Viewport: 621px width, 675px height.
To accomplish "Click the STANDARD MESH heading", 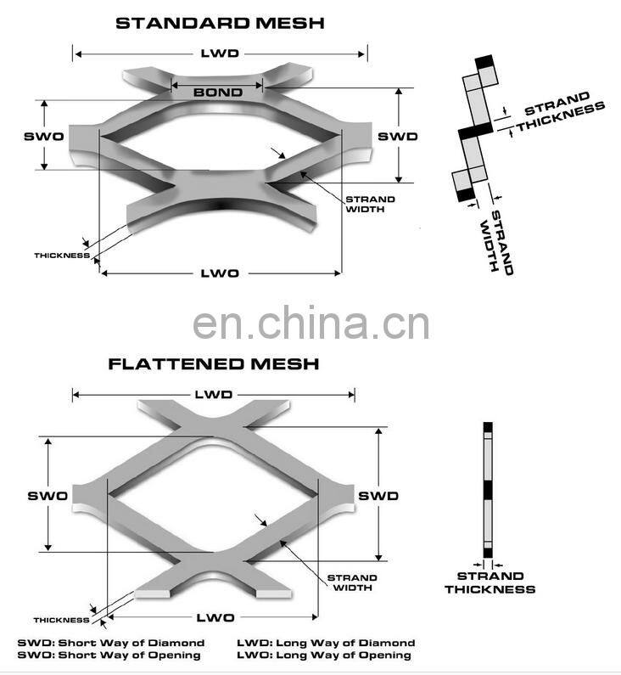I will pos(220,23).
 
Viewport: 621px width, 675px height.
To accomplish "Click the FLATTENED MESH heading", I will pos(214,364).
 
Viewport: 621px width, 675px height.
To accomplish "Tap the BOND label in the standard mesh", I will pos(218,92).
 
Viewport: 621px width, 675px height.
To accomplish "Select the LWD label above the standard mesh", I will pos(219,53).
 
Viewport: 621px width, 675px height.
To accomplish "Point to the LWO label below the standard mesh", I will pos(219,273).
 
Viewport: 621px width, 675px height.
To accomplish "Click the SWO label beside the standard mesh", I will pos(43,136).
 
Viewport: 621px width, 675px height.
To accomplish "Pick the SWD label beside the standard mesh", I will pos(397,136).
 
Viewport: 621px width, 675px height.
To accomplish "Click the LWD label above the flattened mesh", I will pos(213,395).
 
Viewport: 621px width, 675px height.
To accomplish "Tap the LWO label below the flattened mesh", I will pos(215,617).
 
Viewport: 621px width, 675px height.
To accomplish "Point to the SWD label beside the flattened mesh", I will pos(378,495).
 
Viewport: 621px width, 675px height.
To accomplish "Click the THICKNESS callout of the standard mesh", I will pos(62,255).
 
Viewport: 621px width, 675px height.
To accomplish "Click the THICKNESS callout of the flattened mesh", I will pos(62,620).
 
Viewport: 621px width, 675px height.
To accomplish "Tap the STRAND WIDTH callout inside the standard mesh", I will pos(369,205).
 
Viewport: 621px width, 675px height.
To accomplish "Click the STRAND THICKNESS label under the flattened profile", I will pos(490,582).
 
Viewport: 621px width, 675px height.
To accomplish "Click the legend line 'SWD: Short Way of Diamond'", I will pos(110,643).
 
